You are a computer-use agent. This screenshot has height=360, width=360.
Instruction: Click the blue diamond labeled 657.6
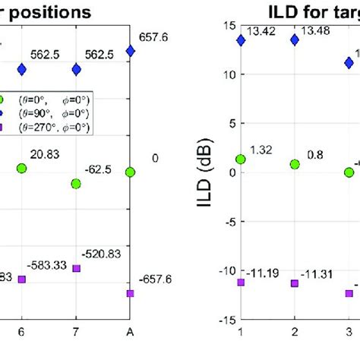tap(131, 51)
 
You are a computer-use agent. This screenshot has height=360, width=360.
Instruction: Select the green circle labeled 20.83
tap(22, 167)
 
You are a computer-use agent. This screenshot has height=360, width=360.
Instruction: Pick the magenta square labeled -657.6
tap(131, 293)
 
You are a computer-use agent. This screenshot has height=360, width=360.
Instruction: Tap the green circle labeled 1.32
tap(241, 159)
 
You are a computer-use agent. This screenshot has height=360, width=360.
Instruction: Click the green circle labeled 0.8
tap(294, 164)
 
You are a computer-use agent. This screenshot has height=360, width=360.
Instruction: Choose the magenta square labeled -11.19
tap(241, 282)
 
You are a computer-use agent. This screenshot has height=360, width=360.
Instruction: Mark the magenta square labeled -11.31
tap(294, 283)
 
